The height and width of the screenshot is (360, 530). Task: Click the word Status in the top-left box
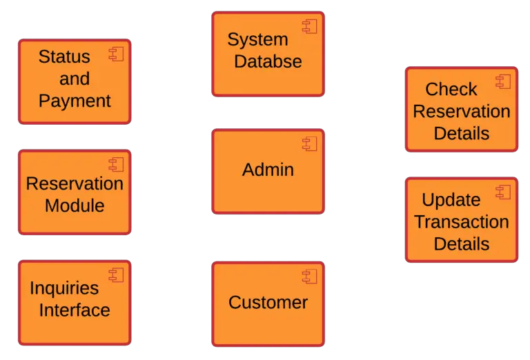click(64, 57)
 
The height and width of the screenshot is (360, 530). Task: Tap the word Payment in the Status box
click(75, 101)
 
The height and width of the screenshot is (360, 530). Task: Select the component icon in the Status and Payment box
click(115, 54)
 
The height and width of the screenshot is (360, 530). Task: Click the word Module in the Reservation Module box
click(75, 206)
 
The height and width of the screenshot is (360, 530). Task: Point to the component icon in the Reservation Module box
click(115, 164)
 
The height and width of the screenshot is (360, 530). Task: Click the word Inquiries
click(64, 288)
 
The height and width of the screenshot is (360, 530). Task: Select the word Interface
click(75, 310)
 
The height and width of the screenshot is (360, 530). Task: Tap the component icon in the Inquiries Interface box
click(115, 274)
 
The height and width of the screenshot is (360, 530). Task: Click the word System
click(257, 39)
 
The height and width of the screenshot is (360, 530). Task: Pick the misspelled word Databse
click(268, 61)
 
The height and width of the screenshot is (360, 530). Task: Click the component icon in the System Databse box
click(308, 26)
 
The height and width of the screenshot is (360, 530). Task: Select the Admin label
click(268, 170)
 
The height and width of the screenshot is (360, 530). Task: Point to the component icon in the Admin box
click(308, 143)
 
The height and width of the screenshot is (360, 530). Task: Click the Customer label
click(268, 302)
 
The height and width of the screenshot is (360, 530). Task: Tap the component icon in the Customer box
click(308, 276)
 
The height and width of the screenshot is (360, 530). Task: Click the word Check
click(451, 90)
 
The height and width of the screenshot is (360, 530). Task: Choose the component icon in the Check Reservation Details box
click(502, 82)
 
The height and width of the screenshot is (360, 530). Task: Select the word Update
click(451, 200)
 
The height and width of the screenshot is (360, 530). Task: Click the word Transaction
click(461, 222)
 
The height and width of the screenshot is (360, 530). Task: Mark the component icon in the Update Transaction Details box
click(502, 192)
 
